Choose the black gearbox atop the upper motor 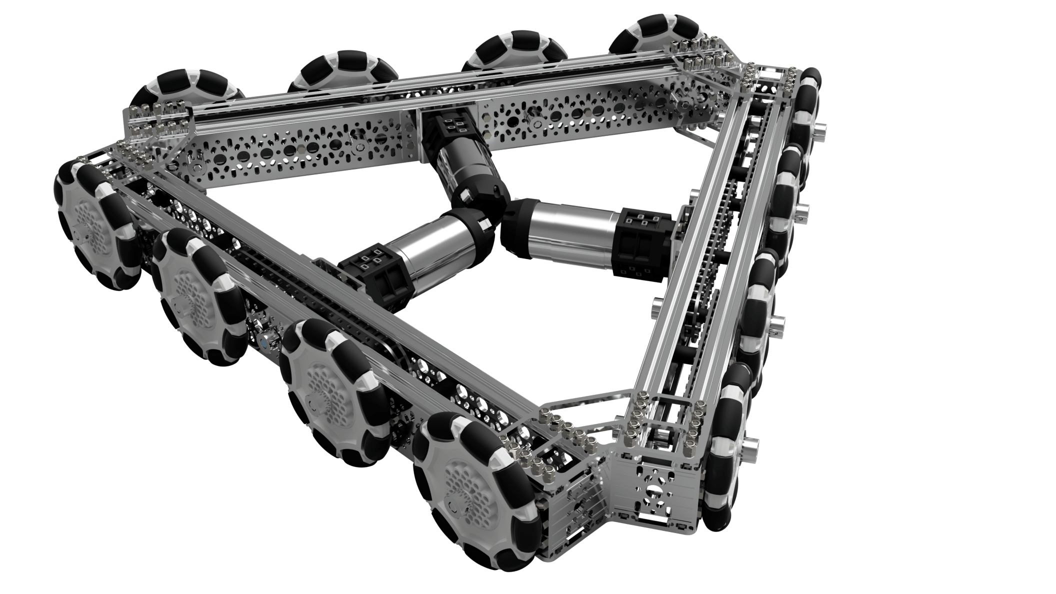point(445,127)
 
